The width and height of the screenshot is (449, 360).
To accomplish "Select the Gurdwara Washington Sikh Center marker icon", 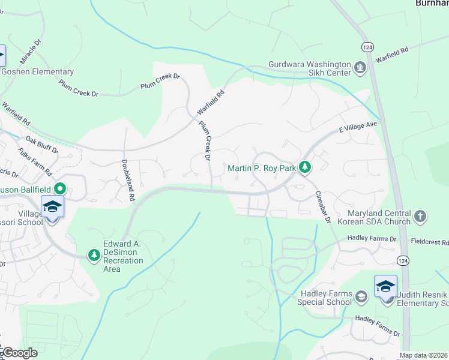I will tap(360, 67).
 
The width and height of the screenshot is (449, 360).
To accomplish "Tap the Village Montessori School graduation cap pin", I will tap(53, 208).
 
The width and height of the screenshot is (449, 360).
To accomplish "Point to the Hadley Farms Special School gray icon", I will tap(361, 296).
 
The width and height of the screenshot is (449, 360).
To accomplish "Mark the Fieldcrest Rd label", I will tap(429, 242).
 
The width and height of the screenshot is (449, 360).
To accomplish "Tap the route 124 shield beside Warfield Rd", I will tap(366, 46).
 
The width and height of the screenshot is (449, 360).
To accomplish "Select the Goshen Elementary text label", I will tap(37, 72).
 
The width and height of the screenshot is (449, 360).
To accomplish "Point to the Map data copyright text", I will tap(424, 355).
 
